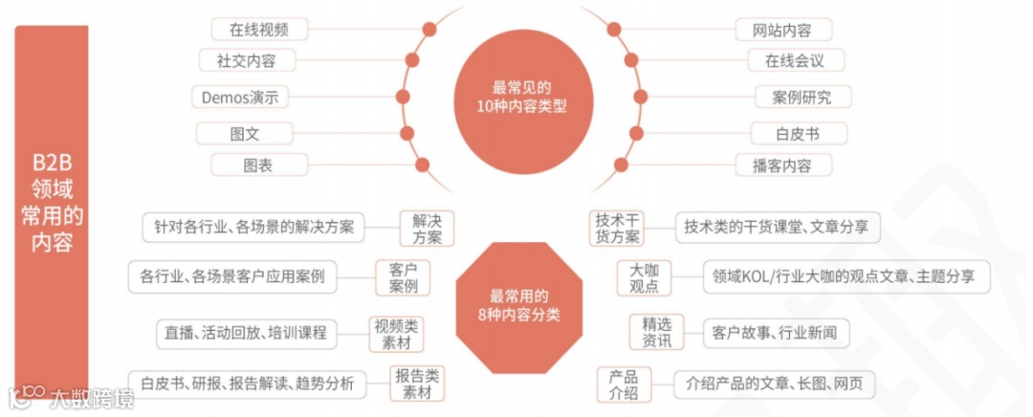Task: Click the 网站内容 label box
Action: [784, 29]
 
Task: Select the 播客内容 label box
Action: [783, 165]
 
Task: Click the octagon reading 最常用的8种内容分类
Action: [519, 306]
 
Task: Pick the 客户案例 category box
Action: [403, 277]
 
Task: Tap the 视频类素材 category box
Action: [395, 333]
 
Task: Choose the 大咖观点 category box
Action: [644, 277]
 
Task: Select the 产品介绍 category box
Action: [624, 384]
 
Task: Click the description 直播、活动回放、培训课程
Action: [245, 333]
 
